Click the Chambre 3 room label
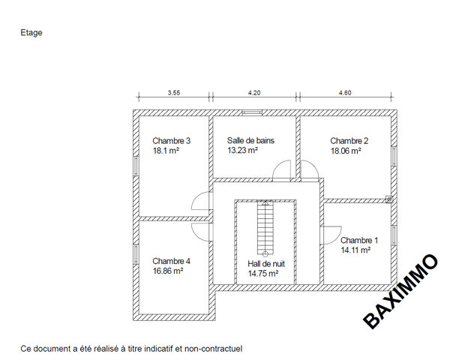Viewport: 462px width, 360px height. [172, 141]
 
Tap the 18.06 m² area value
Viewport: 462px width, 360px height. [346, 151]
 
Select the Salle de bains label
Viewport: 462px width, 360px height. [250, 140]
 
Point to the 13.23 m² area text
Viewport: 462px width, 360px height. [242, 150]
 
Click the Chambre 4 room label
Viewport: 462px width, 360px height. [171, 261]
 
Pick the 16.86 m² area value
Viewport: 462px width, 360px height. [168, 271]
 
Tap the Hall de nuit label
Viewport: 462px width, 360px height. [266, 264]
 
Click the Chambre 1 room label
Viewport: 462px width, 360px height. [359, 241]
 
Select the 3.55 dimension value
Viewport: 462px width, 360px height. [174, 93]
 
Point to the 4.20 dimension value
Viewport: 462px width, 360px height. [254, 93]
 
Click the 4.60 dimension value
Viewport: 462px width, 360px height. [345, 93]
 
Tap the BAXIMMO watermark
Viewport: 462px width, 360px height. [400, 291]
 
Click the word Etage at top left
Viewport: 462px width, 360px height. [31, 33]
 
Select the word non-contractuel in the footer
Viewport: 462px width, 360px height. [213, 349]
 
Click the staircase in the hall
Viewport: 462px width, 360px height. [265, 228]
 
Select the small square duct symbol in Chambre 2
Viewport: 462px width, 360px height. [389, 199]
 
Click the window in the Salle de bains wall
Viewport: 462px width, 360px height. [252, 112]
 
